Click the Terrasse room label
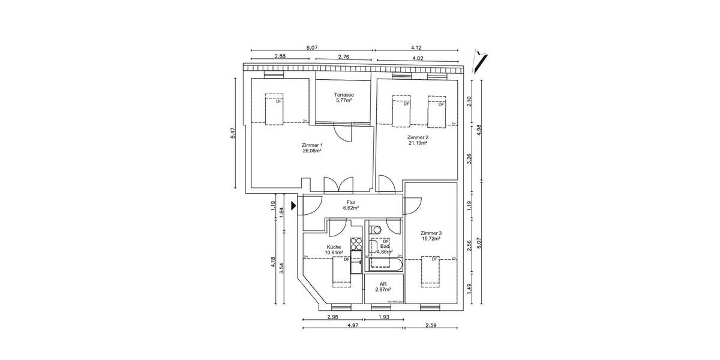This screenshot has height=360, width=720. (x=344, y=95)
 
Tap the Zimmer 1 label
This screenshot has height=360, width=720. (x=313, y=145)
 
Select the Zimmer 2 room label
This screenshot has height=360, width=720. (x=418, y=137)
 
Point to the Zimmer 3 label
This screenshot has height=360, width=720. (x=431, y=233)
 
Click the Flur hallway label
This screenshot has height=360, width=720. (x=351, y=202)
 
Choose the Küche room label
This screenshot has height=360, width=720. (x=334, y=247)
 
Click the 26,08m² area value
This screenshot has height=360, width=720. (x=313, y=151)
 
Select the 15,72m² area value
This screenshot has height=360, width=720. (x=431, y=239)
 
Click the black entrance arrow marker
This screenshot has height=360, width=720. (x=293, y=206)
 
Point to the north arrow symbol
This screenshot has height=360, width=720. (x=481, y=57)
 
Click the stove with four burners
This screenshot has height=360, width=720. (x=356, y=244)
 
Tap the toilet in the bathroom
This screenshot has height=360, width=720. (x=376, y=229)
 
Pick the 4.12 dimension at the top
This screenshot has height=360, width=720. (x=417, y=47)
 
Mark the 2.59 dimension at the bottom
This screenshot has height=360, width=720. (x=430, y=326)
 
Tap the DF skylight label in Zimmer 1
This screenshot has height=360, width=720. (x=278, y=101)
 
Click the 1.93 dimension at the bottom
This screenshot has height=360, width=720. (x=384, y=317)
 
